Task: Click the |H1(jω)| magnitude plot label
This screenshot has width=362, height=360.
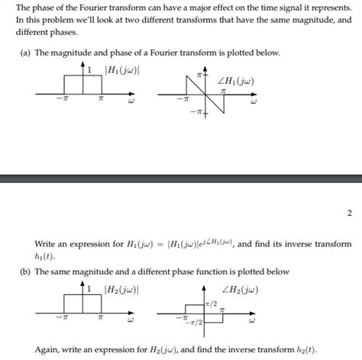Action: [x=121, y=72]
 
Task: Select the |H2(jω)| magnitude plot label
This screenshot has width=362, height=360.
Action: [x=121, y=289]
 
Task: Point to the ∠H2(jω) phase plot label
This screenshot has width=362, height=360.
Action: [x=238, y=289]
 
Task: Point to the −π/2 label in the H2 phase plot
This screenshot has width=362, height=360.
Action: [x=194, y=323]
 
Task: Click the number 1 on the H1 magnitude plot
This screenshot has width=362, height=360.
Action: [x=89, y=71]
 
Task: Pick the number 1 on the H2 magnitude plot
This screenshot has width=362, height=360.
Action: [x=89, y=289]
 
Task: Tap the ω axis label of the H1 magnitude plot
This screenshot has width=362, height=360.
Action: [x=131, y=101]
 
